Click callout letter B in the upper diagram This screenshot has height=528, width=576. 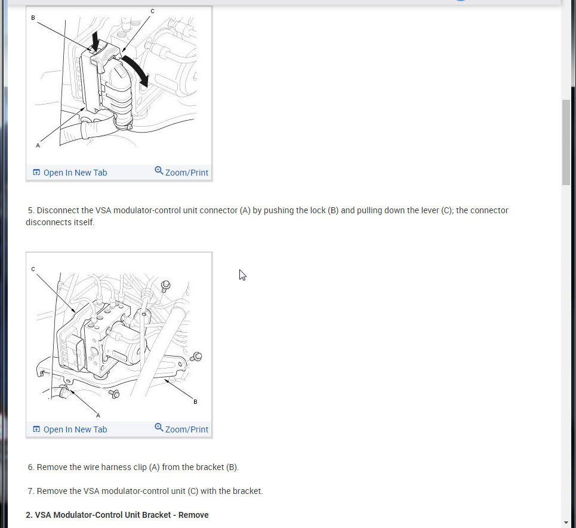[x=33, y=18]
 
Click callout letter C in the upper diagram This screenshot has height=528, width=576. [x=152, y=11]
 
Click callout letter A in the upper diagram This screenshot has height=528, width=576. [x=38, y=146]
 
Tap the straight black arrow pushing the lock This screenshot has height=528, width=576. [x=96, y=41]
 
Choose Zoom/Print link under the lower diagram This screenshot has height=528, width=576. [x=181, y=429]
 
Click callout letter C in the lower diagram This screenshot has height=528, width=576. [x=33, y=269]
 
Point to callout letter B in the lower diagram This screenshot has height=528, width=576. [x=195, y=402]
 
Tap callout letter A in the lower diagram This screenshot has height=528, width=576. [x=98, y=416]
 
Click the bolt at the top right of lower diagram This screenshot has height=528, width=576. [x=166, y=285]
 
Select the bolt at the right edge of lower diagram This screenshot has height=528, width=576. [x=196, y=357]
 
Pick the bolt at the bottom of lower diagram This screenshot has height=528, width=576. [x=115, y=394]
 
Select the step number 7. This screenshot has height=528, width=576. [x=31, y=491]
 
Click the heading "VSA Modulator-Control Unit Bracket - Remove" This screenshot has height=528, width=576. [x=122, y=515]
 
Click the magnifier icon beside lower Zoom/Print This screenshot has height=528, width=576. [x=159, y=427]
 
